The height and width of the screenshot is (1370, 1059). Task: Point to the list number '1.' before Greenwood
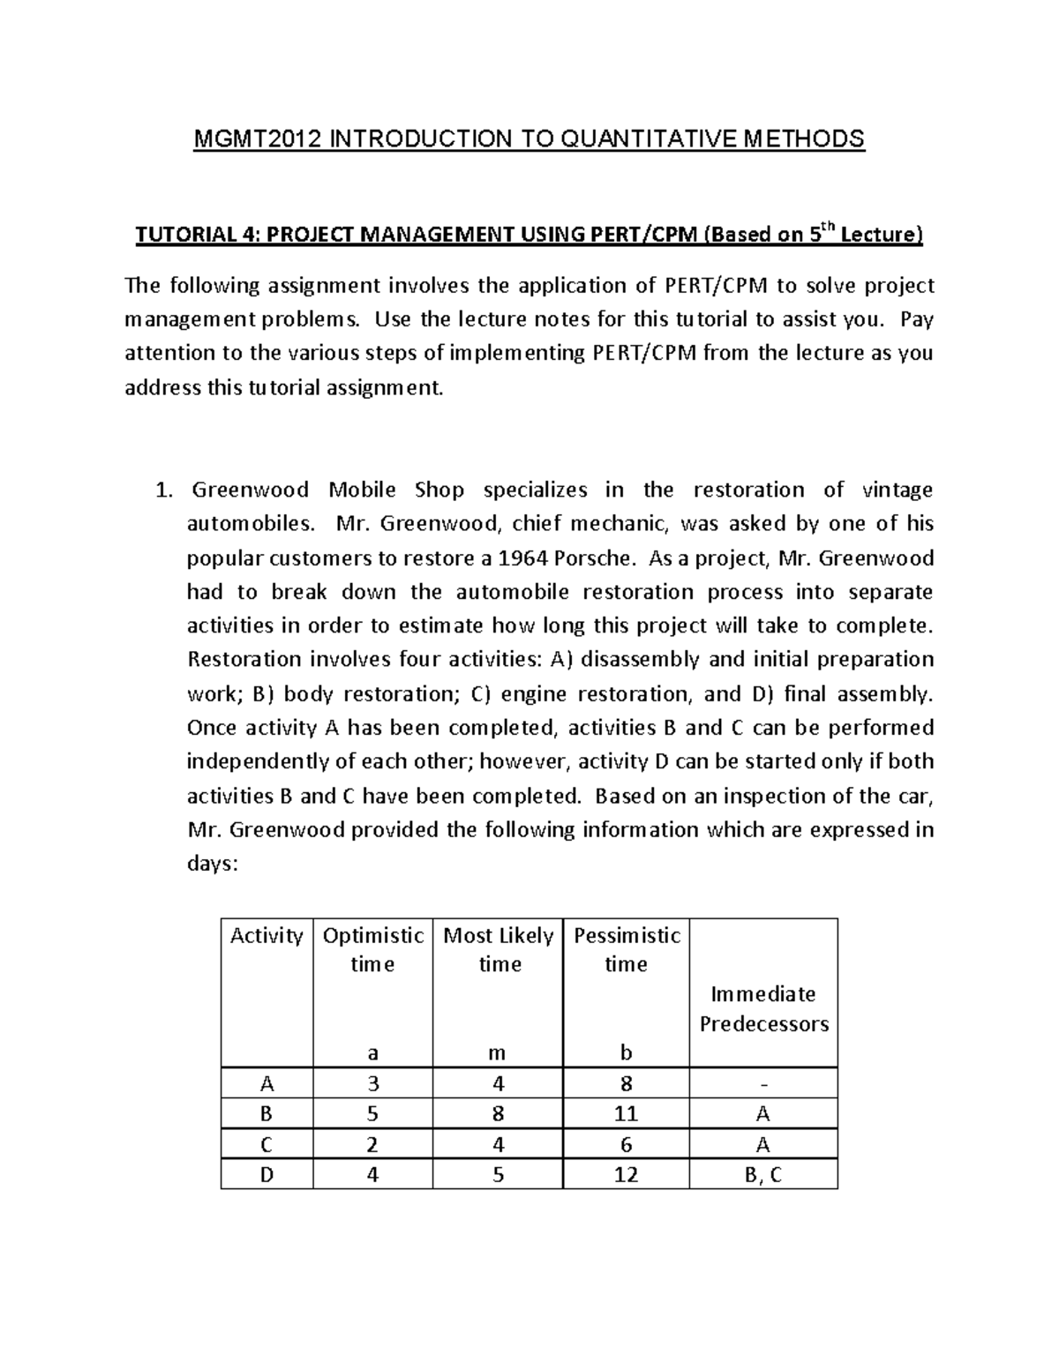pyautogui.click(x=162, y=490)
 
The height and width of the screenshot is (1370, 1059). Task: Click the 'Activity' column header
pyautogui.click(x=267, y=936)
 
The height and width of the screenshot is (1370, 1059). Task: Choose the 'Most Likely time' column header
pyautogui.click(x=498, y=949)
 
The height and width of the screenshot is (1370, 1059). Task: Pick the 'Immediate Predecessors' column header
pyautogui.click(x=763, y=1009)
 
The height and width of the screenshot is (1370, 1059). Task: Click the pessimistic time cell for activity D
pyautogui.click(x=626, y=1175)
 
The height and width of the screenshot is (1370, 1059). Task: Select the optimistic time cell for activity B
pyautogui.click(x=372, y=1114)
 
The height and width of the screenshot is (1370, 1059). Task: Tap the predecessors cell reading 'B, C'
pyautogui.click(x=763, y=1175)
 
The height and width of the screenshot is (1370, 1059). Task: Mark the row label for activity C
pyautogui.click(x=267, y=1145)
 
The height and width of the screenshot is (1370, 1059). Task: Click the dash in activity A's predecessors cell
pyautogui.click(x=763, y=1084)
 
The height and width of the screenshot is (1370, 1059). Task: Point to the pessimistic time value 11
pyautogui.click(x=626, y=1114)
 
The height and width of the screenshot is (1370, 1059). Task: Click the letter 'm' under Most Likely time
pyautogui.click(x=498, y=1052)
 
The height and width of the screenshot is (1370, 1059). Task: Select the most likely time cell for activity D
pyautogui.click(x=498, y=1175)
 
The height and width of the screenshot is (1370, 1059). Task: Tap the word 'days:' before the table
pyautogui.click(x=213, y=865)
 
